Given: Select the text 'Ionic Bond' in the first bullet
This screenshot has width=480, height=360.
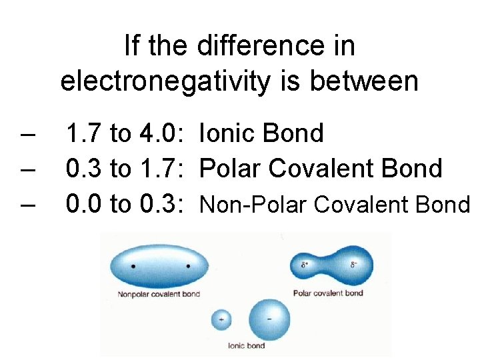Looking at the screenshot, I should point(261,133).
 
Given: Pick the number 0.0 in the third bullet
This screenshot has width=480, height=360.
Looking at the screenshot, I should point(85,205).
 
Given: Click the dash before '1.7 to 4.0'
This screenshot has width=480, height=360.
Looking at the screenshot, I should point(28,134).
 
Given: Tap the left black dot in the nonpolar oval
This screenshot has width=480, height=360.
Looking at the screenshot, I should point(134,266).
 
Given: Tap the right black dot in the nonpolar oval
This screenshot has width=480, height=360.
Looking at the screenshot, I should point(188,266).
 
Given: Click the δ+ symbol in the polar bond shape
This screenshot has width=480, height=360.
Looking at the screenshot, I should point(304,265).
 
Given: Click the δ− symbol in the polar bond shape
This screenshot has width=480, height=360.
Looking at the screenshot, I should point(354,265).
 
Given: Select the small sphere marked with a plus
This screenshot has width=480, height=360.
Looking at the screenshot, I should point(221,319).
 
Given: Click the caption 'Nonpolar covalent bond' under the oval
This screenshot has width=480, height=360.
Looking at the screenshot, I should point(159,294).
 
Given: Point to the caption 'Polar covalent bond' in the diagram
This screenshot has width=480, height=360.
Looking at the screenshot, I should point(328,293).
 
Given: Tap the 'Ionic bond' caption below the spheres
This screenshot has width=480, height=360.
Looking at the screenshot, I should point(246,345).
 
